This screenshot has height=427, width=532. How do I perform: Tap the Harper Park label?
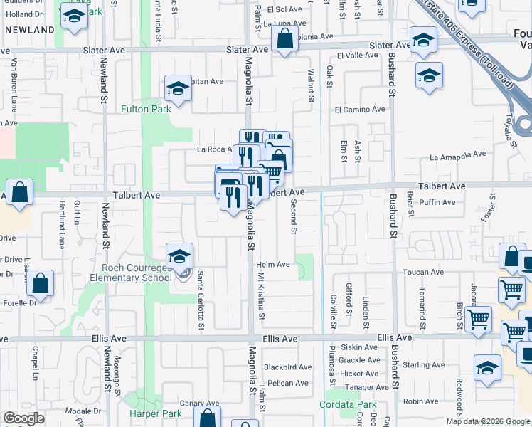(x=152, y=413)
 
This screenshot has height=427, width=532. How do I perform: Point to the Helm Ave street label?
(x=273, y=265)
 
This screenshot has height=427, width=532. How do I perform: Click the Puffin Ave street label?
(x=437, y=202)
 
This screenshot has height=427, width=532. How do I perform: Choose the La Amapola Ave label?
(x=457, y=154)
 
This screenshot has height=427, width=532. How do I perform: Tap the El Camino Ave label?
(x=360, y=110)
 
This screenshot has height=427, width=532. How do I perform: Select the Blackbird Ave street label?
(x=287, y=367)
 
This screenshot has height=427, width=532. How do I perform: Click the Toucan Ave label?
(x=423, y=272)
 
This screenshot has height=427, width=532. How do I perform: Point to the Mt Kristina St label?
(x=261, y=296)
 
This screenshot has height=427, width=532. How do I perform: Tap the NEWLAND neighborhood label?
(x=29, y=30)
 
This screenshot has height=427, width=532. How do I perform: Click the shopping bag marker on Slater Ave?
(x=284, y=41)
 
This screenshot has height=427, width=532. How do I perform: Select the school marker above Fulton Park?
(x=178, y=89)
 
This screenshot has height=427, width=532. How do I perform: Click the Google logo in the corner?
(x=23, y=418)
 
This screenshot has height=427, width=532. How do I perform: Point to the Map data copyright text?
(x=488, y=421)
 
